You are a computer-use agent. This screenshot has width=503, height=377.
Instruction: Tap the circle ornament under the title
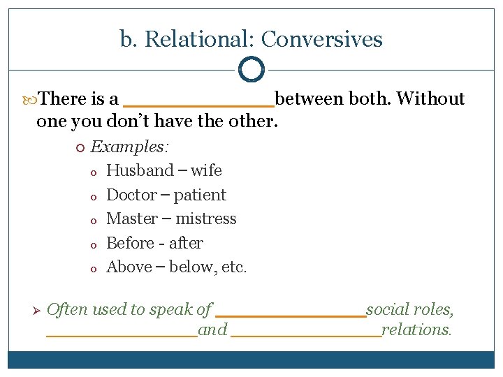pos(251,69)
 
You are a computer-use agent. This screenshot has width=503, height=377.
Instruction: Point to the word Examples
pos(130,147)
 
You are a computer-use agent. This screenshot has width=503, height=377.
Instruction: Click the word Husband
pos(140,170)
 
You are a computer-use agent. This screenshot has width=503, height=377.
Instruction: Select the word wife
pos(206,170)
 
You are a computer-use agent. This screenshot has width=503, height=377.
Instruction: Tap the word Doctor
pos(132,195)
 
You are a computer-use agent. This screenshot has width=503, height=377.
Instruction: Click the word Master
pos(132,219)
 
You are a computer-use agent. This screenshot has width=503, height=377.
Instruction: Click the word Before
pos(130,243)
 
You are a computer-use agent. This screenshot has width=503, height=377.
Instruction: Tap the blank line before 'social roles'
pos(291,316)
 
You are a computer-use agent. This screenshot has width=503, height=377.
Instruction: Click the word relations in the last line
pos(417,330)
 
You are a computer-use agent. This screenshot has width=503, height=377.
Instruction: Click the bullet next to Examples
pos(80,147)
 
